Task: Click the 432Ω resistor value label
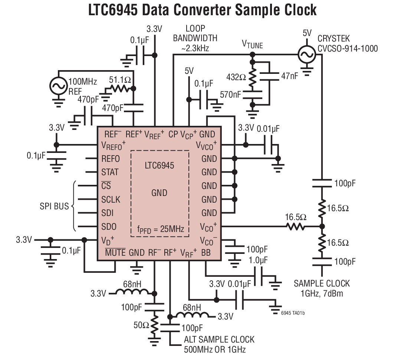coord(236,77)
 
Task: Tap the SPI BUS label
coord(54,206)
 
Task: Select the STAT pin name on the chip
coord(110,172)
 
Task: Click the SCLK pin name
coord(111,199)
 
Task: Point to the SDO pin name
coord(109,226)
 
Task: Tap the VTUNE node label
coord(252,45)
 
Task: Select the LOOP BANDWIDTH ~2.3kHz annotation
coord(195,38)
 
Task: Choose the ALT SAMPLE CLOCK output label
coord(219,344)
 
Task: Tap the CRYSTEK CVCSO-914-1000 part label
coord(348,43)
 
